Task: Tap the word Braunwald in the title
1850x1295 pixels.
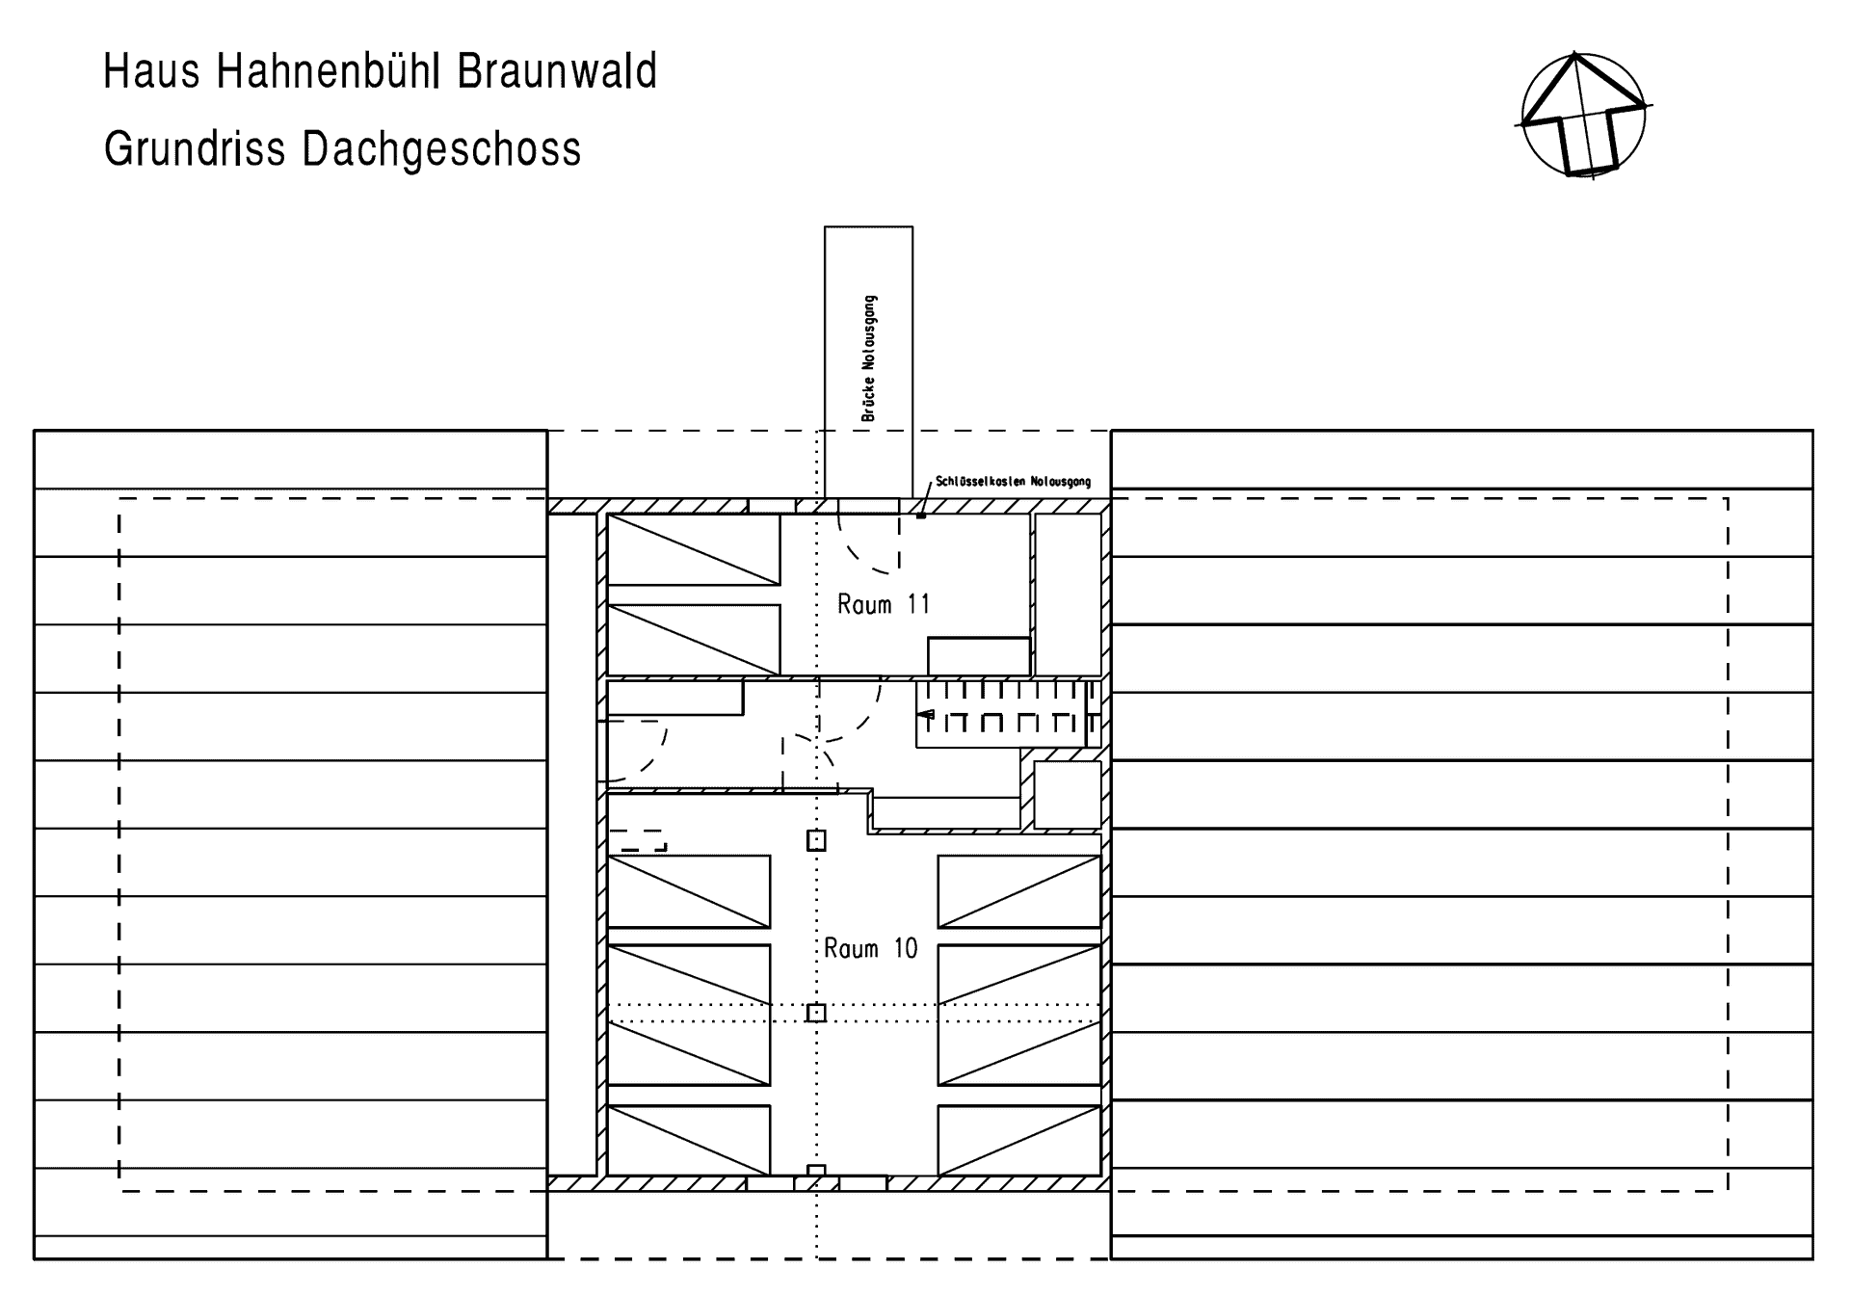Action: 557,72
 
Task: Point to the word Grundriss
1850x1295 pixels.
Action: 195,149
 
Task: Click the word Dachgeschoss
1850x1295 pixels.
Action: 441,149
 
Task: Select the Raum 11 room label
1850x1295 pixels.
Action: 884,604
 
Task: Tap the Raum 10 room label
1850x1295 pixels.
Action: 871,948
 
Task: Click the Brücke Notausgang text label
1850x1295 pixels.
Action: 869,358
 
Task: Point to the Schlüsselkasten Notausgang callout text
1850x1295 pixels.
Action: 1014,481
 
